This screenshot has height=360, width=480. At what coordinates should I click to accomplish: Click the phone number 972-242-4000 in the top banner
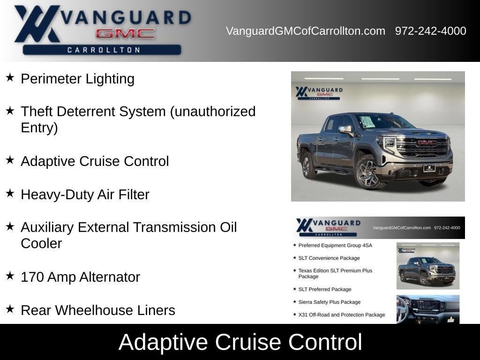[x=430, y=31]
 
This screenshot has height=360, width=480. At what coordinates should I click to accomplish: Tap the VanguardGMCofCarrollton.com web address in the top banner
[x=306, y=31]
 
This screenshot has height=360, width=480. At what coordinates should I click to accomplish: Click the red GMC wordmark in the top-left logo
[x=125, y=34]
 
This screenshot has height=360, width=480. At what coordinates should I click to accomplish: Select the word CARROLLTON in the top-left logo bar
[x=104, y=50]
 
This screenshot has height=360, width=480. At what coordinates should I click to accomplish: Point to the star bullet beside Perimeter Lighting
[x=10, y=77]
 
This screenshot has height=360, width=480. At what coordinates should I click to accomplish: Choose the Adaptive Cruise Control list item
[x=95, y=161]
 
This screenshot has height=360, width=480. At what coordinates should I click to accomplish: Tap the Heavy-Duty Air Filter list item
[x=85, y=195]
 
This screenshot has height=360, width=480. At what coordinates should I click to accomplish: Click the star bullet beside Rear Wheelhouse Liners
[x=10, y=309]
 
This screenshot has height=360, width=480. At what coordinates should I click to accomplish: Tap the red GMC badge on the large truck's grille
[x=427, y=142]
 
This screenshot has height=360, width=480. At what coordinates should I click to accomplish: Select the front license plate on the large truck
[x=429, y=168]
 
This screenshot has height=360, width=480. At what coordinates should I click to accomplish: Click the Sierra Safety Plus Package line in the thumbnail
[x=330, y=302]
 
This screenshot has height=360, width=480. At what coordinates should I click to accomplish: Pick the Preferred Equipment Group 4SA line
[x=335, y=246]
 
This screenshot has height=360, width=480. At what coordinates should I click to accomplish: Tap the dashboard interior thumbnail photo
[x=428, y=309]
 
